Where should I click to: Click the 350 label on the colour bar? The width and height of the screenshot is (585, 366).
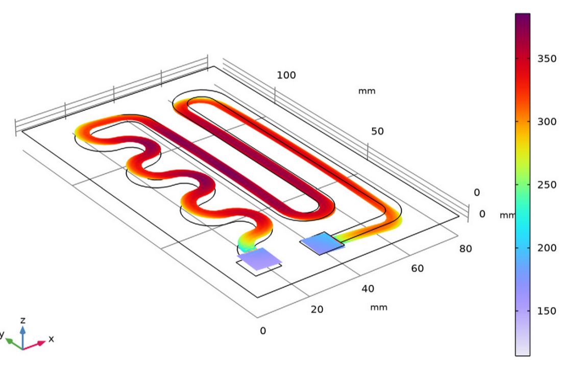[x=547, y=59]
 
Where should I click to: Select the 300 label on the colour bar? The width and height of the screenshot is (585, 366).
[x=547, y=122]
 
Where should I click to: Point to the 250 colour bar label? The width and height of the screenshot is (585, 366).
[x=547, y=185]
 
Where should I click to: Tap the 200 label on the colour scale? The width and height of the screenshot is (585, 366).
[x=547, y=248]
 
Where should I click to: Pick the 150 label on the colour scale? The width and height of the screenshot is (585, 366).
[x=547, y=311]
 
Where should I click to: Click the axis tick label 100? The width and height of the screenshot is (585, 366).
[x=286, y=76]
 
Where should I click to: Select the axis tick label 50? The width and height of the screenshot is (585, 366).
[x=377, y=131]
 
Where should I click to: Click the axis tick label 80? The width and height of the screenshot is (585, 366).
[x=466, y=249]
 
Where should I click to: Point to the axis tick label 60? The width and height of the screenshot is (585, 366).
[x=417, y=268]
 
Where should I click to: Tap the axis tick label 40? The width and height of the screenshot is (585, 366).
[x=368, y=289]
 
